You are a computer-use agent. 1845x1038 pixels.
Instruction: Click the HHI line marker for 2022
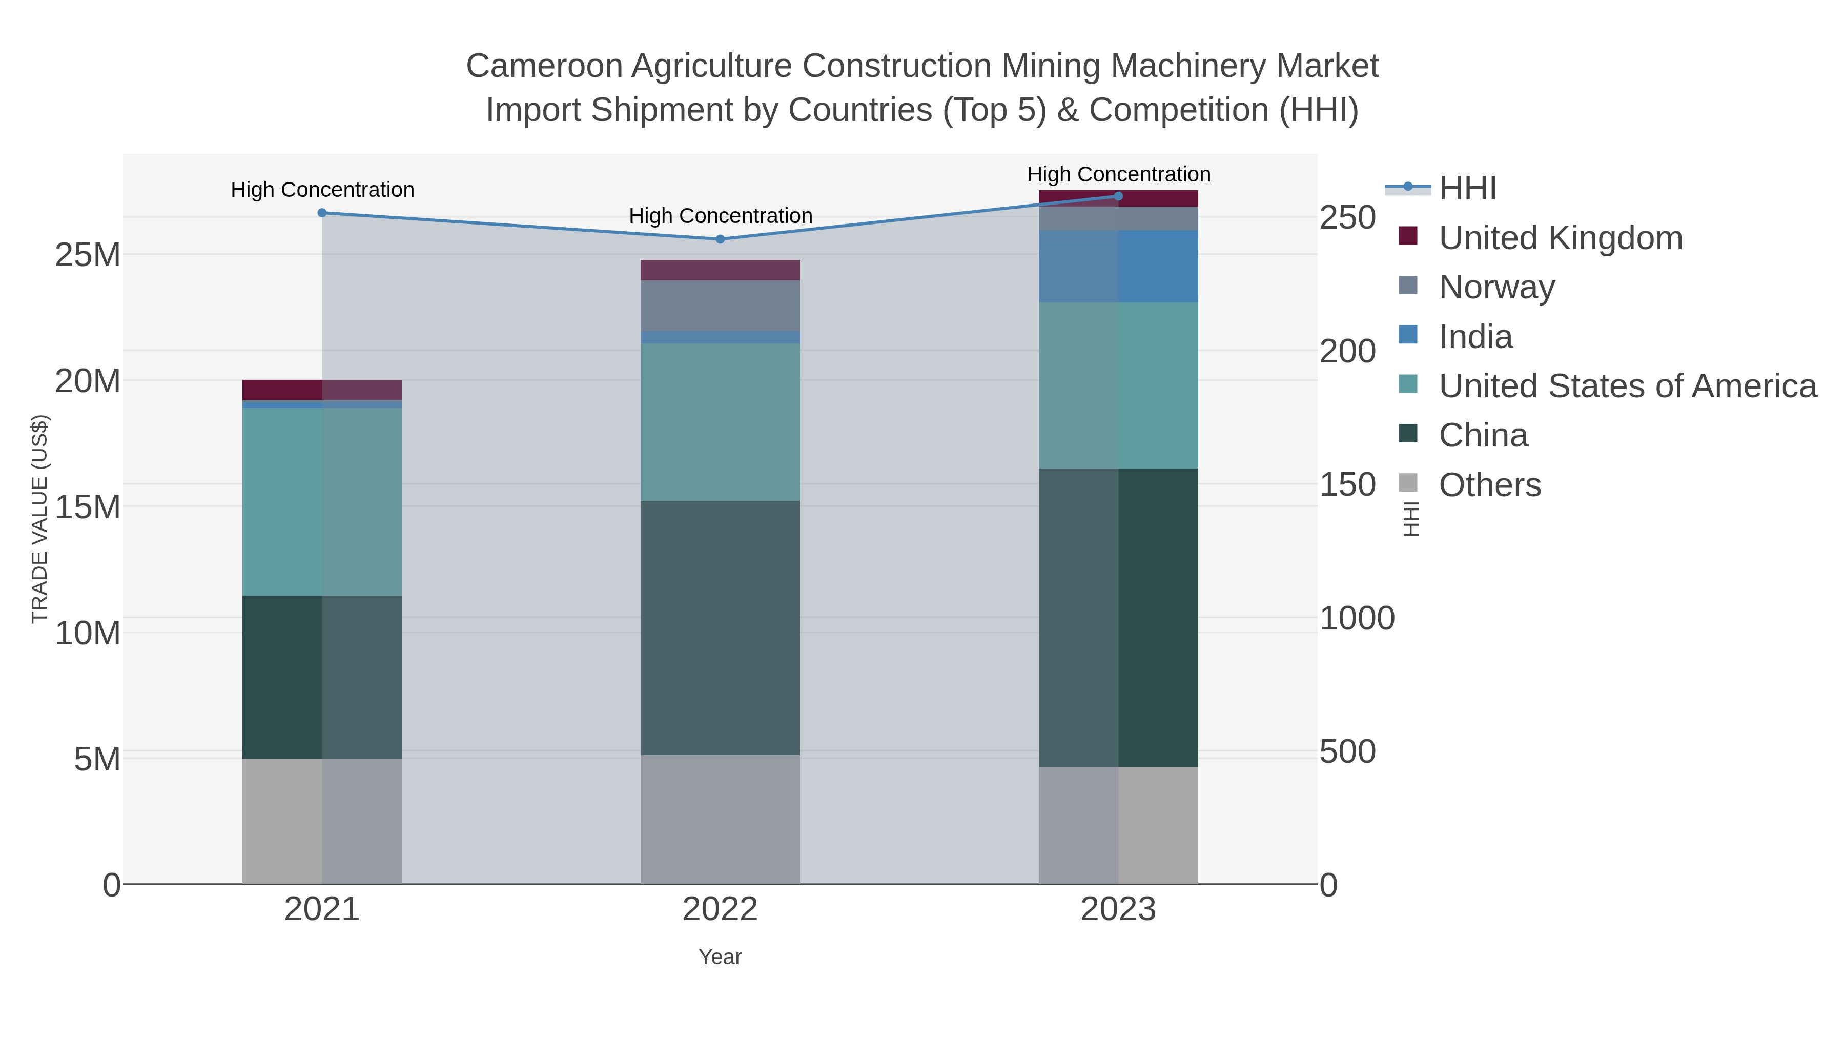click(x=720, y=239)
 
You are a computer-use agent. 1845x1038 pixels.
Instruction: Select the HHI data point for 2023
click(x=1118, y=196)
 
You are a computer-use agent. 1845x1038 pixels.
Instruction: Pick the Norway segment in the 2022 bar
click(x=720, y=306)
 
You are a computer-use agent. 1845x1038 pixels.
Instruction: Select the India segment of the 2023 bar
click(x=1118, y=267)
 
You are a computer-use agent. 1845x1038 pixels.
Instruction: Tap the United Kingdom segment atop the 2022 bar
click(x=720, y=270)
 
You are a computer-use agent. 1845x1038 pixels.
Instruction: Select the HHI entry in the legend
click(x=1467, y=189)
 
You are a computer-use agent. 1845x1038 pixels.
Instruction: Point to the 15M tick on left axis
click(x=87, y=507)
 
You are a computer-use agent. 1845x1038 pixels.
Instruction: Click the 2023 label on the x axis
click(x=1118, y=910)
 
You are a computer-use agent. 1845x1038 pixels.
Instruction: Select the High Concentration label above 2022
click(x=720, y=216)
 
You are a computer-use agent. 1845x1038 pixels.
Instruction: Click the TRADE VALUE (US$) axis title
click(x=39, y=519)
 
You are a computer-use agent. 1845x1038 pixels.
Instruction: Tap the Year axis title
click(x=720, y=957)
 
